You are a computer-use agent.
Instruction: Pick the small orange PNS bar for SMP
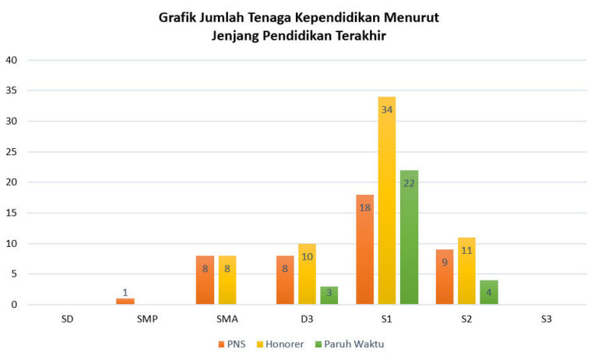(x=125, y=301)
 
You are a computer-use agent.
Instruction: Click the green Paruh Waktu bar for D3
(x=329, y=295)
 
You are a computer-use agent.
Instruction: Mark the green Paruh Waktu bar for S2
(x=488, y=292)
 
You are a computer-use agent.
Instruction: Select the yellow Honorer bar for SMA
(x=227, y=280)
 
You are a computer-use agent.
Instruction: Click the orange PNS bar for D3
(x=285, y=280)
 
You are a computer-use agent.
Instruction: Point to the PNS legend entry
(x=231, y=342)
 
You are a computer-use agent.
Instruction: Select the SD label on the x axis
(x=68, y=319)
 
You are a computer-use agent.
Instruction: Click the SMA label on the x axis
(x=227, y=319)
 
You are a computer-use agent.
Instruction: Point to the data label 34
(x=387, y=110)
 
